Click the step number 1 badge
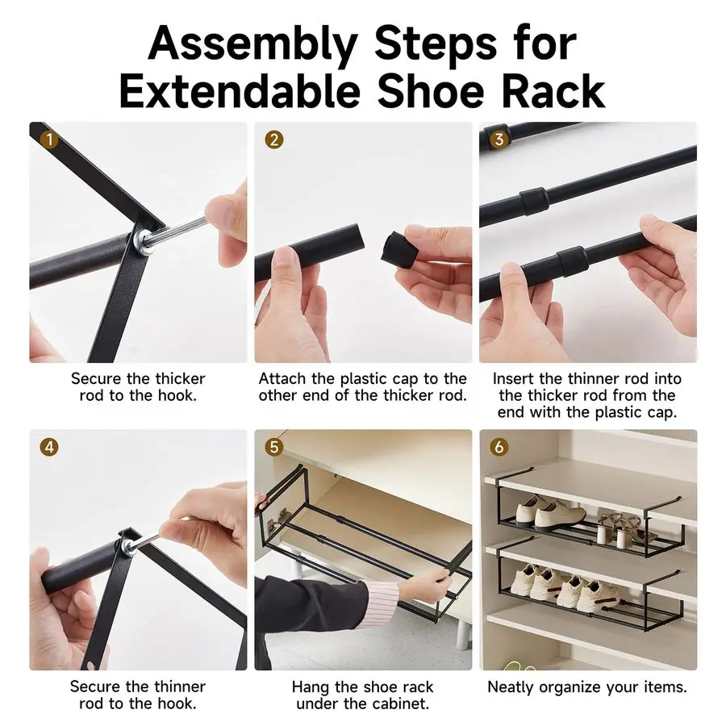[x=49, y=139]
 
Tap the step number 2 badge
[x=273, y=140]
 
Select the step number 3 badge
[x=499, y=139]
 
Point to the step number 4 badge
[x=49, y=447]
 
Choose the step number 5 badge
[x=273, y=447]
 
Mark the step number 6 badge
[x=499, y=447]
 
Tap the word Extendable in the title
[x=240, y=90]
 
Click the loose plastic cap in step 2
[x=400, y=249]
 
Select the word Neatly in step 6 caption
[x=511, y=686]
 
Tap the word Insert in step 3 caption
[x=511, y=378]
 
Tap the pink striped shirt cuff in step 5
[x=382, y=604]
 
